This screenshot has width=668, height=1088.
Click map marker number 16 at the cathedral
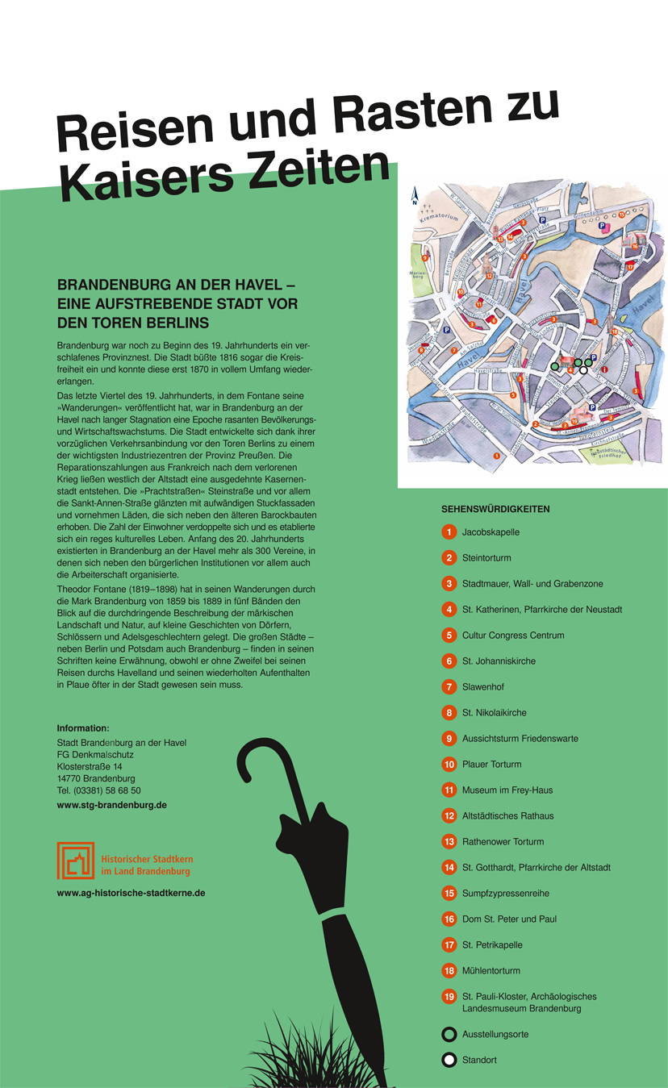[x=635, y=246]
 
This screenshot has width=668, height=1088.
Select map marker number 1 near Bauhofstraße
[x=497, y=456]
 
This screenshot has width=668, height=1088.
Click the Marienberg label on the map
[x=417, y=274]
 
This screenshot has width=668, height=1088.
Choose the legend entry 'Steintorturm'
[x=486, y=558]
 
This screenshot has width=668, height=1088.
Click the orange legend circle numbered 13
[x=449, y=841]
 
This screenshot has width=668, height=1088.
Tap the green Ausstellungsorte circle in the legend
[x=449, y=1034]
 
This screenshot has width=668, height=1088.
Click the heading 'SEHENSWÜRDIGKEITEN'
[x=495, y=509]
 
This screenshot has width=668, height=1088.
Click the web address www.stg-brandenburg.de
[x=111, y=805]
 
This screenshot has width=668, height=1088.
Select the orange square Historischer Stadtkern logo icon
[x=76, y=861]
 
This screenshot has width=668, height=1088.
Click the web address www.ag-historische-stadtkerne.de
[x=131, y=893]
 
